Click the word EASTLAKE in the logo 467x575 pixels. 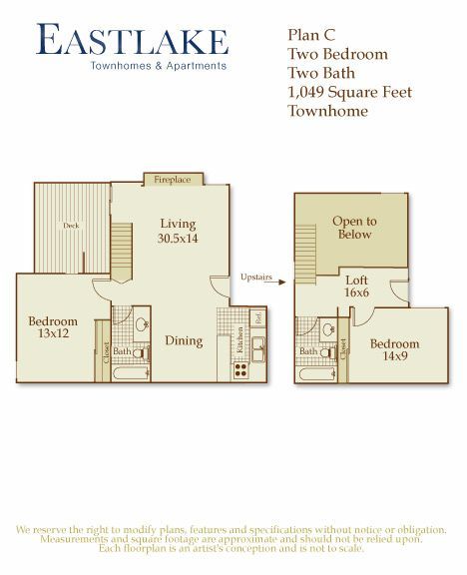point(132,41)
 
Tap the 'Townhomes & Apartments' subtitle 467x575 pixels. point(159,67)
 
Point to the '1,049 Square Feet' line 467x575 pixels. point(348,92)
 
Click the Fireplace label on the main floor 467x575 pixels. point(172,180)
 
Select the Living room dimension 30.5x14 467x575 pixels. point(178,239)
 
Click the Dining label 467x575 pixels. point(183,340)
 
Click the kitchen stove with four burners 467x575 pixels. point(240,368)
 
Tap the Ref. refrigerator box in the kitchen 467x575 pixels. point(257,319)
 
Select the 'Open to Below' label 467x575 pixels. point(354,228)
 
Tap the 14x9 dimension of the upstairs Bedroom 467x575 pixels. point(395,356)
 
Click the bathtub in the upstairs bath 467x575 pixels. point(313,374)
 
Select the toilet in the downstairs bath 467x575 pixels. point(142,351)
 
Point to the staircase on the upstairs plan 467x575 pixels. point(305,240)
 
